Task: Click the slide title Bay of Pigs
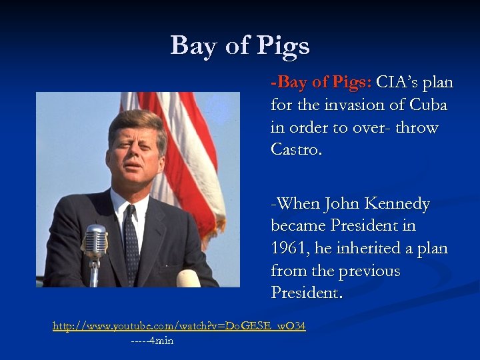(240, 46)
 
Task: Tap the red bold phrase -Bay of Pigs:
(321, 83)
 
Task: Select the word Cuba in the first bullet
(428, 105)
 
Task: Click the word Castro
(296, 149)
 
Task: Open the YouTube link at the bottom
(179, 326)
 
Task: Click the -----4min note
(152, 341)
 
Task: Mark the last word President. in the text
(307, 293)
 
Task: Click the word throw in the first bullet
(417, 127)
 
